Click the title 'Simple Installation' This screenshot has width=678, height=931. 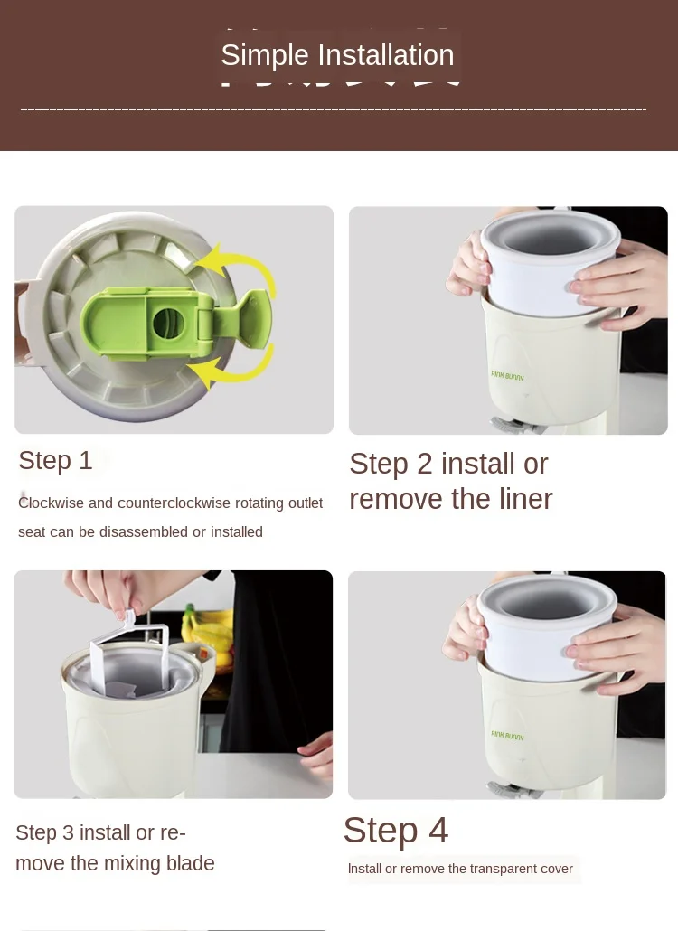click(337, 55)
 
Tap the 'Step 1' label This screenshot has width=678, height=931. click(55, 461)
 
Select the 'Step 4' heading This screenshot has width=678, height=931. click(395, 830)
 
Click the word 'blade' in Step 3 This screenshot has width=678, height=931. click(187, 862)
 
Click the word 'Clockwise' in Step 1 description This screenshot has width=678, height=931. click(51, 503)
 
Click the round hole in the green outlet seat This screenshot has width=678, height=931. click(169, 324)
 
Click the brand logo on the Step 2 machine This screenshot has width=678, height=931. click(508, 376)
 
